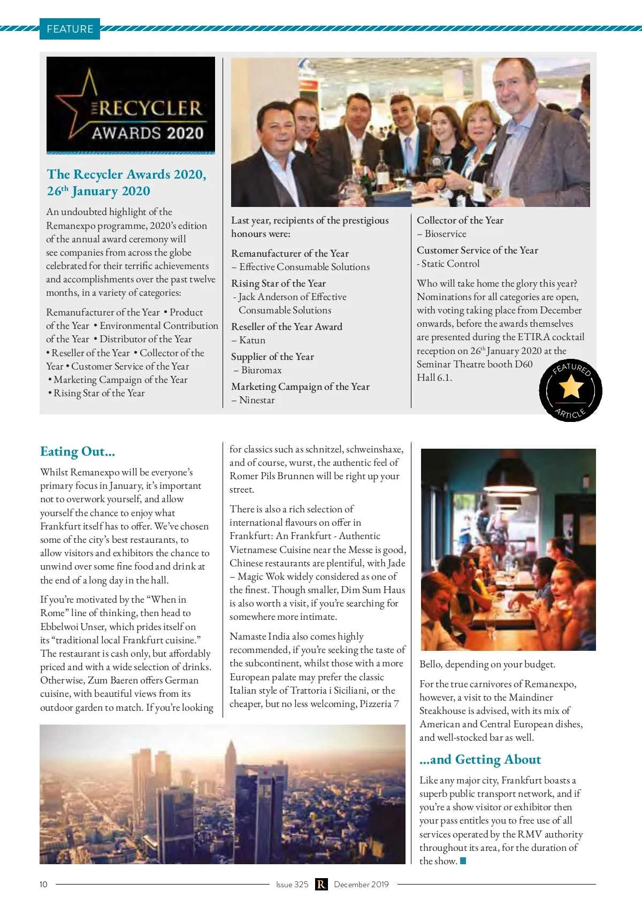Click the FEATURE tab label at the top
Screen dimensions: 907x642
click(70, 29)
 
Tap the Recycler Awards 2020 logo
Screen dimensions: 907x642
click(131, 105)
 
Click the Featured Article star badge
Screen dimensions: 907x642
click(570, 390)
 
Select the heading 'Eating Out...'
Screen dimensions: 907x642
click(78, 451)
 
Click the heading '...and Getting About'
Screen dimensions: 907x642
click(480, 759)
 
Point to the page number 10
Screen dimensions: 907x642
click(43, 884)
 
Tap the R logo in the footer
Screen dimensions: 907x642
click(321, 884)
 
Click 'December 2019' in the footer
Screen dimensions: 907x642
click(361, 884)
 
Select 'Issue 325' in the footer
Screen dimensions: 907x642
click(292, 884)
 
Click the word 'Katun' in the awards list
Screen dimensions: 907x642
click(253, 340)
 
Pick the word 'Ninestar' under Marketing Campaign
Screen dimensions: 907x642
click(257, 400)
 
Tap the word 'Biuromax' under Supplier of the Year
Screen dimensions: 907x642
click(261, 370)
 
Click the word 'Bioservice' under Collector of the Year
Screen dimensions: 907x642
click(445, 234)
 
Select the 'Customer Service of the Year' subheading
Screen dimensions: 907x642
click(477, 250)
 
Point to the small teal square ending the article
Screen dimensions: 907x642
click(463, 860)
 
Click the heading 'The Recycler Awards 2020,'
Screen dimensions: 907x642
click(126, 174)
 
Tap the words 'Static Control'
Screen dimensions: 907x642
click(450, 264)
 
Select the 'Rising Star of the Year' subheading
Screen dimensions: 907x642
click(278, 283)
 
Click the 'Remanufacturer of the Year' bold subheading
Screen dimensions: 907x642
click(289, 253)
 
